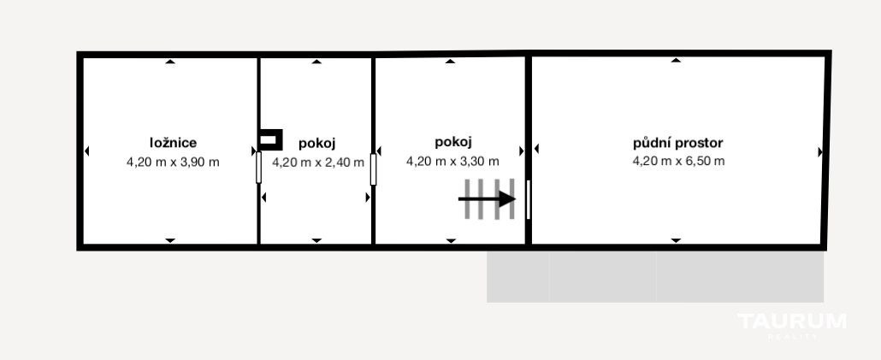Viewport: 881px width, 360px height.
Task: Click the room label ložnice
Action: (x=173, y=143)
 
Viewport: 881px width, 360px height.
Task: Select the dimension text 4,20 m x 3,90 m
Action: (x=173, y=162)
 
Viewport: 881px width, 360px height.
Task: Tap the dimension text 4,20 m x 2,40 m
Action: (x=318, y=162)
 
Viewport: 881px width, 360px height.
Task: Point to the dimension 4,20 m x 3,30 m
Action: (x=452, y=161)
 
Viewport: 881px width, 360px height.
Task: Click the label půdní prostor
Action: (x=678, y=143)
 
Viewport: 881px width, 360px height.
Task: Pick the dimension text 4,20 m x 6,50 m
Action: (x=679, y=161)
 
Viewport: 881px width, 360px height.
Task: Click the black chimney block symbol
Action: (x=270, y=140)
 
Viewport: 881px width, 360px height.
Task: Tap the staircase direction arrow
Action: (x=488, y=199)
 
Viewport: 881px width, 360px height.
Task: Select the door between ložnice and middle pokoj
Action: (x=258, y=168)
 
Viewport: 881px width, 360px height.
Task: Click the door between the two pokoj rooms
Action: (x=373, y=169)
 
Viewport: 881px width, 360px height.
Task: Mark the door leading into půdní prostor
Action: (x=528, y=199)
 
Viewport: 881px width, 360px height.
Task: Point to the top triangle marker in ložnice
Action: (x=170, y=62)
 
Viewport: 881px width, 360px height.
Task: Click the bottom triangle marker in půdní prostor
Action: (x=676, y=240)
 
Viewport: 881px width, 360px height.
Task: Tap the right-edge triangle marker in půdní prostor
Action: (x=820, y=152)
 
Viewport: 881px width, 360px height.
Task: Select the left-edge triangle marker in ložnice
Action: (x=86, y=151)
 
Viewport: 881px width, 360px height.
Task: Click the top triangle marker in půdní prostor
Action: (x=676, y=60)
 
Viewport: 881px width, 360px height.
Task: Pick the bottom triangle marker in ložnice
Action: (x=170, y=240)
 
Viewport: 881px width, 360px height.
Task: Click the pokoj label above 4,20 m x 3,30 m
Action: (x=452, y=142)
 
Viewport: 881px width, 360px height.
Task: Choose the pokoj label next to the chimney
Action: (x=316, y=144)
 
